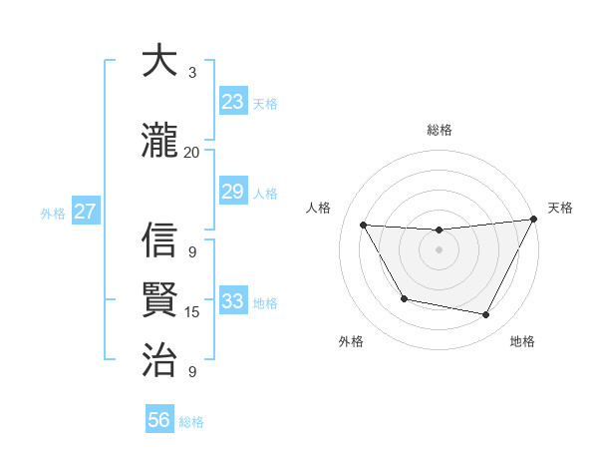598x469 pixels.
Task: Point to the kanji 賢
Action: (x=159, y=299)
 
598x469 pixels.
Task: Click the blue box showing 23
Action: (x=232, y=102)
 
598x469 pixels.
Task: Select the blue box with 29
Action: (x=232, y=192)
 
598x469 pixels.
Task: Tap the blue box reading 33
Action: (x=232, y=301)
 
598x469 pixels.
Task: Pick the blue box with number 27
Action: (x=85, y=212)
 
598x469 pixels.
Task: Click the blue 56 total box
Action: (x=158, y=420)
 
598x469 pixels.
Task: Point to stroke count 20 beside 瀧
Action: (x=191, y=152)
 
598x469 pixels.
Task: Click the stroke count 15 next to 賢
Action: (x=191, y=312)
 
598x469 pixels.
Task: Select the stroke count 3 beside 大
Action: (x=191, y=72)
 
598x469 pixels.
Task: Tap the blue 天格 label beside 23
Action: (x=265, y=103)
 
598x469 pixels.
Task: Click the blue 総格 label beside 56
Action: (x=191, y=422)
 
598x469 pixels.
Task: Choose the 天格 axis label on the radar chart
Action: (x=560, y=208)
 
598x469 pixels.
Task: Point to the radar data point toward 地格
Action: (x=485, y=315)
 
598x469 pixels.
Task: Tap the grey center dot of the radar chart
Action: (x=439, y=249)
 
